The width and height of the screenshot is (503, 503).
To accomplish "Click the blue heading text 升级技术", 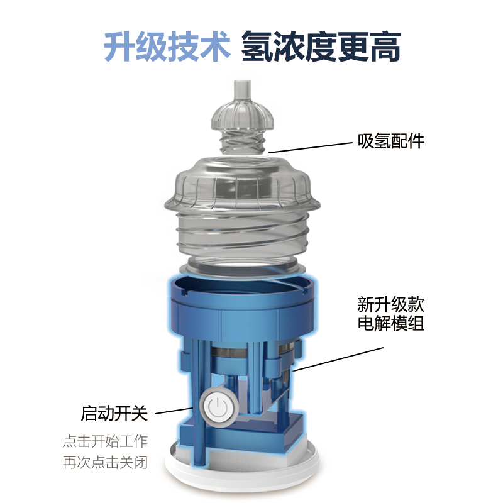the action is coord(167,47).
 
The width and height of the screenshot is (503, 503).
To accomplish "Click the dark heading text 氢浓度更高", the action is coord(321,47).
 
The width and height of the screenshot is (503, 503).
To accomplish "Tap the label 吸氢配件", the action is coord(390,141).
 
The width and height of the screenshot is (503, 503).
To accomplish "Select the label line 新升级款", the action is coord(390,304).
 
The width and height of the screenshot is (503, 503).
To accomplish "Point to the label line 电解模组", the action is coord(390,323).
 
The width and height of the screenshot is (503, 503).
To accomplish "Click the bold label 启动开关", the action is coord(114,413).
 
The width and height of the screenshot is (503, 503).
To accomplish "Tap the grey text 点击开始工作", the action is coord(105,441).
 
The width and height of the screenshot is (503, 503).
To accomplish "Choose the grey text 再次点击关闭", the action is coord(105,463).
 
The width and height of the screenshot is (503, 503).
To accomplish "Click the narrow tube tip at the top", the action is coord(242,90).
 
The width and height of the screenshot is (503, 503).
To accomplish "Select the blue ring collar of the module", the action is coord(242,305).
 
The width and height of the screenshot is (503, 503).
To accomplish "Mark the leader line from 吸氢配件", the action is coord(311,148).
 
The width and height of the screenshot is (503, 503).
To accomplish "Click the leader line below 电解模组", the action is coord(338,359).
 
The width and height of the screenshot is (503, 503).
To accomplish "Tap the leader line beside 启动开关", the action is coord(174,411).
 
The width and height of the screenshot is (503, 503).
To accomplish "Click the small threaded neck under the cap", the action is coord(243,141).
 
